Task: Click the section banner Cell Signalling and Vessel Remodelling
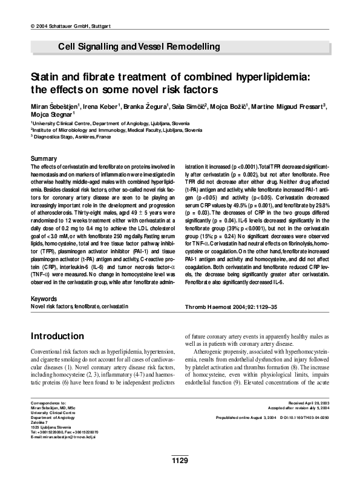(139, 47)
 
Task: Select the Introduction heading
(60, 336)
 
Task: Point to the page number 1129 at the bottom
(180, 461)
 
